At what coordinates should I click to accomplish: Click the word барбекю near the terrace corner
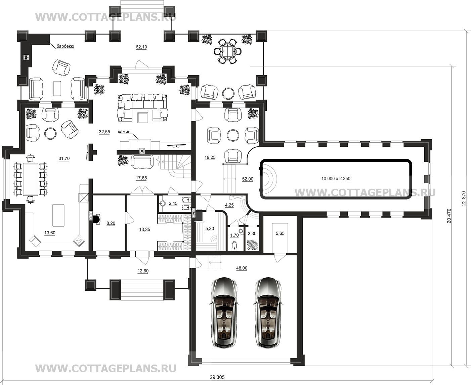coord(65,46)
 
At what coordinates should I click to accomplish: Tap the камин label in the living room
coord(124,132)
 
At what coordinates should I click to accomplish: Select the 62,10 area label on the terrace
coord(141,47)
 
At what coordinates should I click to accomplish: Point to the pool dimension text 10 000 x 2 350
coord(336,179)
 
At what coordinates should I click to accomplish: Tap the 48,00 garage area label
coord(242,268)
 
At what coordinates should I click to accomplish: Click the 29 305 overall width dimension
coord(217,377)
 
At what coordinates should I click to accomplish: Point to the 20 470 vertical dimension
coord(449,216)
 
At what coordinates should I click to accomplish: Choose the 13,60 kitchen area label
coord(50,233)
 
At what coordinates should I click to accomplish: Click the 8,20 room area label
coord(111,223)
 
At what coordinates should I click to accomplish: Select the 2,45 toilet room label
coord(173,203)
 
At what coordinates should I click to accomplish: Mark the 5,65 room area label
coord(280,233)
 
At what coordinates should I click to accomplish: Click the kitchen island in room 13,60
coord(58,215)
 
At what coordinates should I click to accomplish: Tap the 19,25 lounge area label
coord(210,157)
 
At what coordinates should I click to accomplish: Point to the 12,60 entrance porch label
coord(143,271)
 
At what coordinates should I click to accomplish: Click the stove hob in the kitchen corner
coord(79,241)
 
